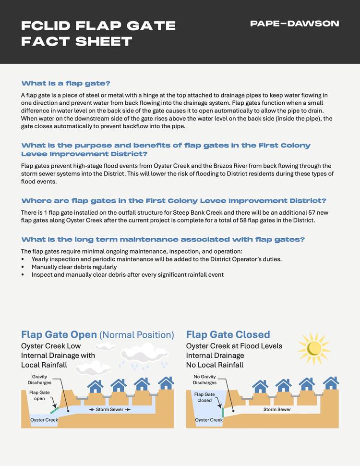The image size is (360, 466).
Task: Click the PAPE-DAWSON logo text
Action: click(x=295, y=24)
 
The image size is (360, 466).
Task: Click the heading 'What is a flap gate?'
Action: click(x=66, y=83)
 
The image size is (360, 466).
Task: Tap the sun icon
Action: click(x=315, y=347)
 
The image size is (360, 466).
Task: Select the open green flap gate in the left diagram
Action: click(x=55, y=411)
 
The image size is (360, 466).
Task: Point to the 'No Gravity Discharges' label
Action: click(x=204, y=380)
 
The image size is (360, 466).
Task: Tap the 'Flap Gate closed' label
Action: click(x=204, y=397)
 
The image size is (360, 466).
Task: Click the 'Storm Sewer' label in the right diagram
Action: click(x=277, y=410)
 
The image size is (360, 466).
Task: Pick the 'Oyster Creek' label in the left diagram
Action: click(x=44, y=420)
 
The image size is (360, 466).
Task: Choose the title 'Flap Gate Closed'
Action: click(x=228, y=334)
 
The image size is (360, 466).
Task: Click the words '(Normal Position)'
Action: click(x=136, y=334)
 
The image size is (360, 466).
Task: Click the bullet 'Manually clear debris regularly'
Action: click(x=74, y=267)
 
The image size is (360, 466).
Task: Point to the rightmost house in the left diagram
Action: click(x=166, y=383)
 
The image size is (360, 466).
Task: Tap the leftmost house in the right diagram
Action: click(x=260, y=385)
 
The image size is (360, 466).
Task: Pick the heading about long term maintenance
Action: click(x=163, y=239)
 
